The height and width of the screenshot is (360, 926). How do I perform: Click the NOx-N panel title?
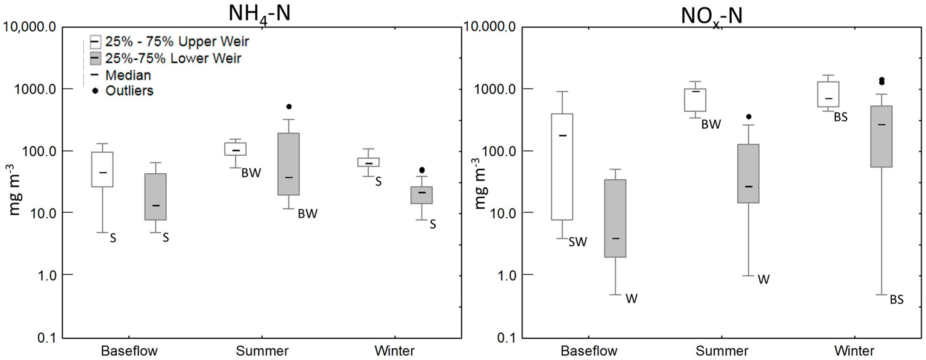coord(711,16)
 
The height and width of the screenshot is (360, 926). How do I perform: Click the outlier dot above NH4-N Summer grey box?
coord(289,107)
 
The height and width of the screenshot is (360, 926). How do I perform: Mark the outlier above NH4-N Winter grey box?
coord(422,170)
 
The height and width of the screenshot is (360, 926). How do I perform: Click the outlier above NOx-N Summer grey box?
coord(748,117)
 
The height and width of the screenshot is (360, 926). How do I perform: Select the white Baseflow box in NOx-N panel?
coord(562,167)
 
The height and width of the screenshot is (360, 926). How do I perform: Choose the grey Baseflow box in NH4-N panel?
coord(156,197)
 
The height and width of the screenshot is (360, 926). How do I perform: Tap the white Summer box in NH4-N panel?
coord(235,149)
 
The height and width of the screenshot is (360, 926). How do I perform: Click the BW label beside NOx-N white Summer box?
coord(711,124)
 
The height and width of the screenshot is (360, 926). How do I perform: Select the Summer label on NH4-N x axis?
coord(262,351)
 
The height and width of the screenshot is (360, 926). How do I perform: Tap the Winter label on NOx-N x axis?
coord(854,351)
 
